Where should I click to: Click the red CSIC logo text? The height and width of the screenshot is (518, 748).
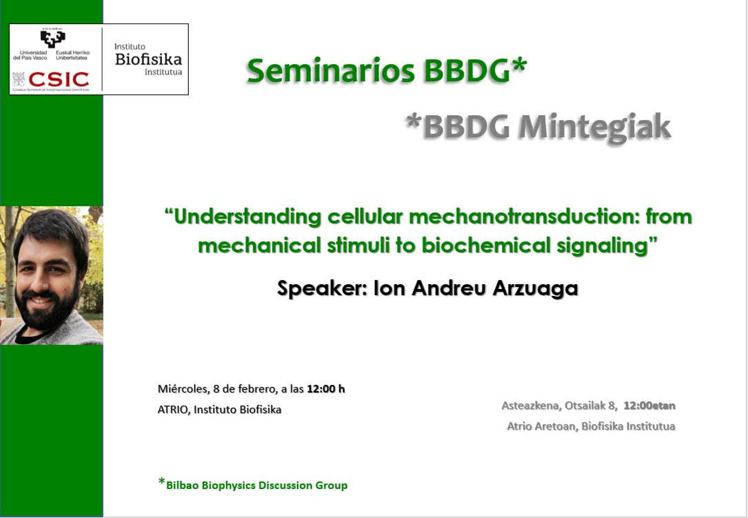(x=59, y=79)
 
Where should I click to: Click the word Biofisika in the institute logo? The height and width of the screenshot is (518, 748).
(x=148, y=59)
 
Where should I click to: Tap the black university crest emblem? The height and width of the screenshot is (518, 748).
(x=52, y=38)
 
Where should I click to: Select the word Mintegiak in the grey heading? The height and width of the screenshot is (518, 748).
(x=595, y=128)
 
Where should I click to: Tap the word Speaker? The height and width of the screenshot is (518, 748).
(x=322, y=288)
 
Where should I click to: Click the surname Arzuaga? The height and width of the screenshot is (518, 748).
(x=535, y=288)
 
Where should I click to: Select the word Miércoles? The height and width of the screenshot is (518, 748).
(x=183, y=389)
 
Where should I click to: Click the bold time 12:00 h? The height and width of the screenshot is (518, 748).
(x=326, y=389)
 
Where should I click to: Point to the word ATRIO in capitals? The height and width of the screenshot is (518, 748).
(x=172, y=410)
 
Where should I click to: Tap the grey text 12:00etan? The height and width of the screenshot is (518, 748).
(x=649, y=406)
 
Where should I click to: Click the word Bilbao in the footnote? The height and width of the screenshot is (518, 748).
(x=182, y=486)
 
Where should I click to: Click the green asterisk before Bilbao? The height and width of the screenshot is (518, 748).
(x=162, y=481)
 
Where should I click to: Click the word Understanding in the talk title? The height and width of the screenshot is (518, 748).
(x=247, y=217)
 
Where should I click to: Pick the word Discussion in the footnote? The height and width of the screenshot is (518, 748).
(x=285, y=486)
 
